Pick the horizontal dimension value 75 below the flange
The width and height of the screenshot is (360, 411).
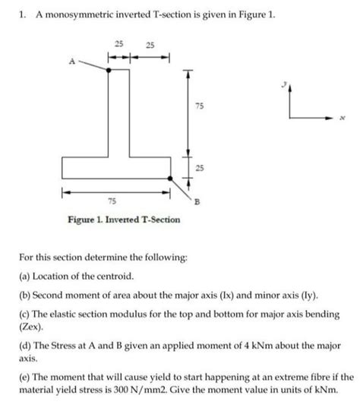point(112,201)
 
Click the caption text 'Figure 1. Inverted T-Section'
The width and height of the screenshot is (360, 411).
point(124,220)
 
